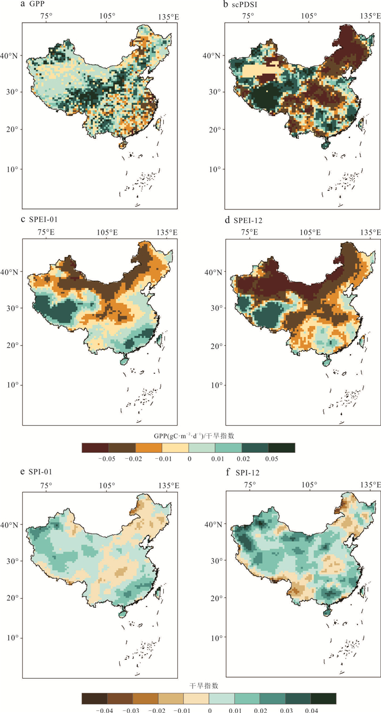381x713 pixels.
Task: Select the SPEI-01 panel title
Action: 40,220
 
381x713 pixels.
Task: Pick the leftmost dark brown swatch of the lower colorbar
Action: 94,698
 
